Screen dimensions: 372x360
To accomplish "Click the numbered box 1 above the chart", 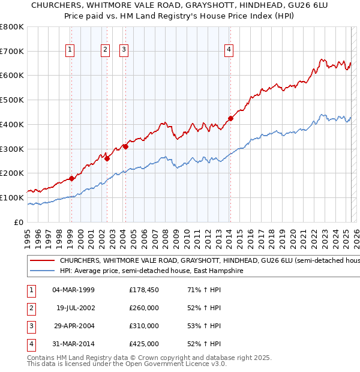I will point(71,50).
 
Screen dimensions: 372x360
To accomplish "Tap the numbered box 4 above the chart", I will point(229,50).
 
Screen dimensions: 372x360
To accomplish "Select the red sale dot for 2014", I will point(230,118).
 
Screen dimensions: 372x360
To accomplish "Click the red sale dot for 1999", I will point(71,178).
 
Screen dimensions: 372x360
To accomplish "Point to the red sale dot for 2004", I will point(125,146).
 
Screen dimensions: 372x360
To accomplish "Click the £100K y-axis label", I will point(13,197).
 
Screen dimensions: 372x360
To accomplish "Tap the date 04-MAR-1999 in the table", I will point(74,290).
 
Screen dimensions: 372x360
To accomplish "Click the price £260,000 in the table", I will point(144,308).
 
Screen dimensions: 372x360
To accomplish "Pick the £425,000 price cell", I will point(144,344).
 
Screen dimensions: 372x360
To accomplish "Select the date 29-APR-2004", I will point(74,326).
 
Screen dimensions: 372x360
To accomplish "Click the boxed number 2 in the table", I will point(31,308).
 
